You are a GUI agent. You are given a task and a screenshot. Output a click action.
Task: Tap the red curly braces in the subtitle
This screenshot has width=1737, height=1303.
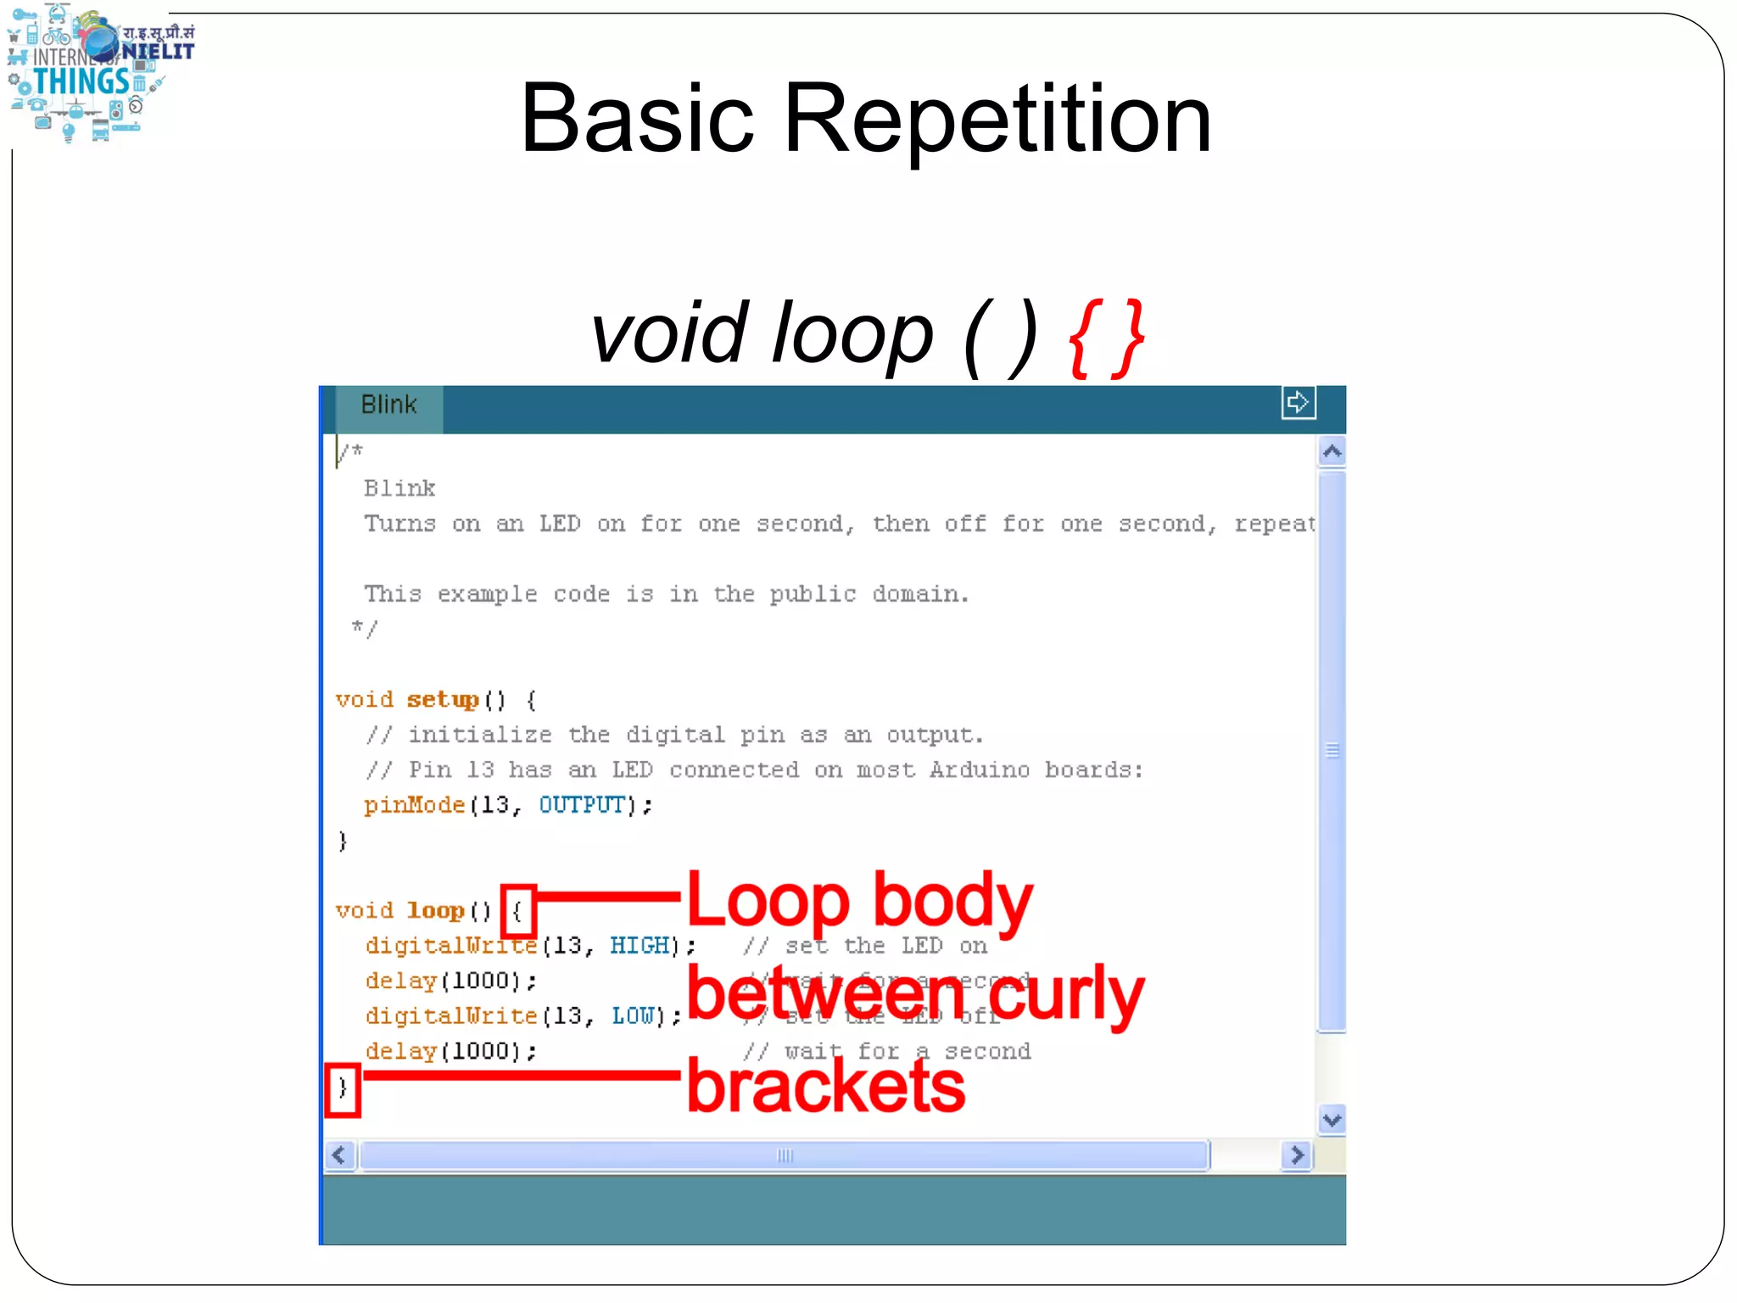coord(1107,337)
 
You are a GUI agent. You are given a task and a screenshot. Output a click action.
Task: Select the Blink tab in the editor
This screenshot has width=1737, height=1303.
coord(388,405)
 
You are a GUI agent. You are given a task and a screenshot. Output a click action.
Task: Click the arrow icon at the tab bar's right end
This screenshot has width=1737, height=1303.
coord(1298,402)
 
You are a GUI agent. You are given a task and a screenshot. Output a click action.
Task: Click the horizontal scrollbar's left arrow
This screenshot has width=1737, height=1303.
coord(340,1155)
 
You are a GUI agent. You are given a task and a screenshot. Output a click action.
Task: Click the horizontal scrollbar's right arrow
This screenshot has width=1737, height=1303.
coord(1297,1155)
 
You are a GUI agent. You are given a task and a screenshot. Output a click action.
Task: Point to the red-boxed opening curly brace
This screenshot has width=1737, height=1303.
coord(517,911)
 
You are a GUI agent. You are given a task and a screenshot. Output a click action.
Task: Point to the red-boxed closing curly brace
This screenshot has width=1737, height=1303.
coord(343,1088)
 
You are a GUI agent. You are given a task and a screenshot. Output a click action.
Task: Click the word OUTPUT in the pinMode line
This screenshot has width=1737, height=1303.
coord(582,805)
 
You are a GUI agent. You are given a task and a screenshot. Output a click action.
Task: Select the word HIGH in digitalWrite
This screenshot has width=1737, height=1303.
coord(640,946)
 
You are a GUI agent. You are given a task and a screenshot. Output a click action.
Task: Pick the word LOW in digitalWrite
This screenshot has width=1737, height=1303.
coord(633,1016)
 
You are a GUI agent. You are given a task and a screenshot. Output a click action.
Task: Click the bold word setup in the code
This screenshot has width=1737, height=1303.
coord(443,700)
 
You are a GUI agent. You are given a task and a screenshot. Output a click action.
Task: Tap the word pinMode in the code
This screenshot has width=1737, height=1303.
coord(415,805)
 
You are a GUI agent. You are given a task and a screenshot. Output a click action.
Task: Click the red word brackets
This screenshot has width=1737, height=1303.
coord(825,1087)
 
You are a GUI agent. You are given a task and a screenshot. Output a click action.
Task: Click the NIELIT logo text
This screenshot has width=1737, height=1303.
coord(159,51)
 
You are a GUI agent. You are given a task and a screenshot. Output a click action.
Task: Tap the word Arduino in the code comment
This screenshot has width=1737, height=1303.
coord(979,770)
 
